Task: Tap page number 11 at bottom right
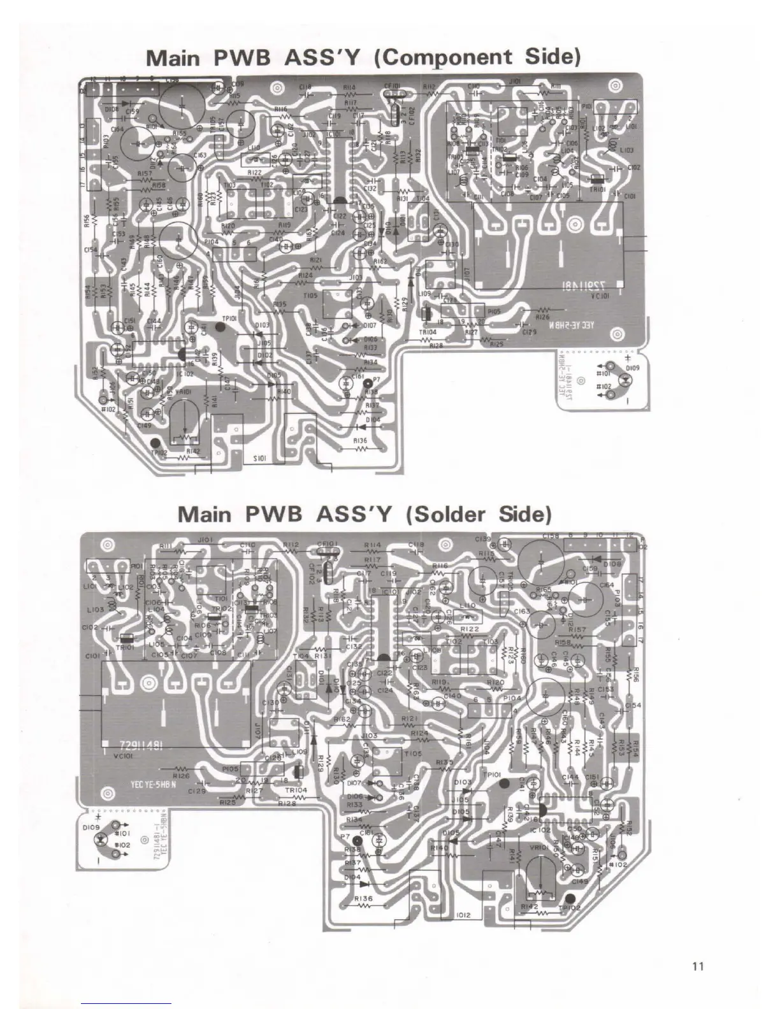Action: [x=697, y=966]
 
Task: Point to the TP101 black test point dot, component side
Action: [x=221, y=327]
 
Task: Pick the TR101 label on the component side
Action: [x=598, y=190]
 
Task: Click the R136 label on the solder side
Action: [x=364, y=899]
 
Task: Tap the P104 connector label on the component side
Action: [x=212, y=242]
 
